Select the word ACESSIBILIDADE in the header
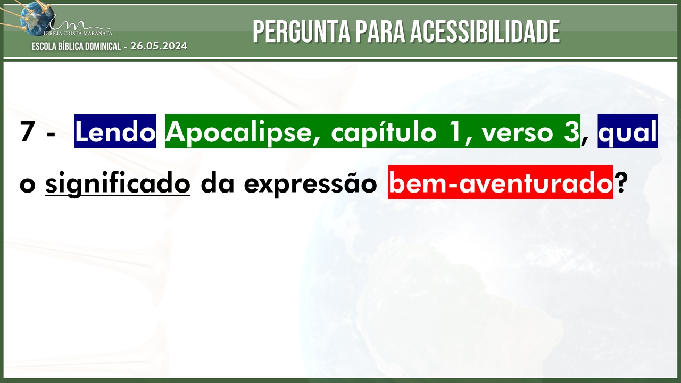(x=485, y=31)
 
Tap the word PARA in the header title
(x=380, y=31)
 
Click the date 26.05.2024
(x=159, y=46)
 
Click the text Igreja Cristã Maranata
(x=78, y=33)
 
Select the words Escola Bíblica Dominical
(x=76, y=46)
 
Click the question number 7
(x=27, y=131)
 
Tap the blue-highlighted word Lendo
(x=115, y=131)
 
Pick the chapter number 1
(x=455, y=131)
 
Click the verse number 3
(x=571, y=131)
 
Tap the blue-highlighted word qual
(x=627, y=131)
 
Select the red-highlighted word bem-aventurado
(x=501, y=182)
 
